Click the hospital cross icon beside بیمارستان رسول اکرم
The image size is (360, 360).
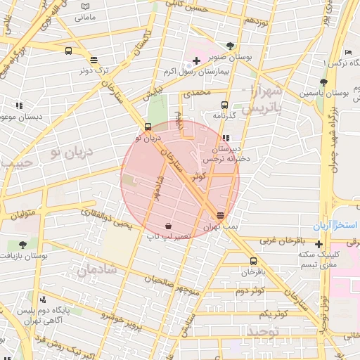click(x=196, y=61)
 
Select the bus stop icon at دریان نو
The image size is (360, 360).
click(x=148, y=127)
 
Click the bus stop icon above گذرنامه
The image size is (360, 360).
click(x=224, y=105)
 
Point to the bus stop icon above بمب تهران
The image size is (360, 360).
click(x=221, y=215)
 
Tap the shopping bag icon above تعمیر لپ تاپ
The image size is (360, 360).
click(x=169, y=226)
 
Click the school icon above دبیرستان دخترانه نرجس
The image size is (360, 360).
click(x=226, y=138)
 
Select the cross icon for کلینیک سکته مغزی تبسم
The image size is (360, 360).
click(x=319, y=243)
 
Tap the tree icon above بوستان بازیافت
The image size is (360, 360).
click(x=23, y=245)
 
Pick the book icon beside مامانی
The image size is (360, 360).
click(x=85, y=6)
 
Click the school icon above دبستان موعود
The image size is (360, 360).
click(x=18, y=105)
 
